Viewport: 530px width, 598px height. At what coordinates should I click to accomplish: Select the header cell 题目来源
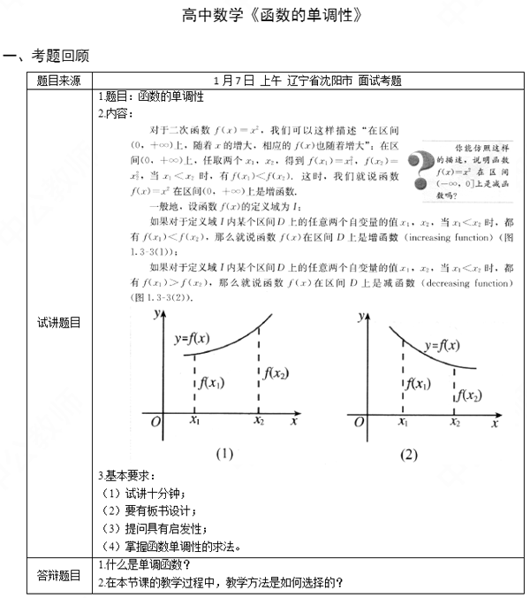point(58,80)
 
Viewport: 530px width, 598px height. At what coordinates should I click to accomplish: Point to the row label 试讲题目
point(58,323)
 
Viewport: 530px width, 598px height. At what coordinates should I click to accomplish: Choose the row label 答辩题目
point(58,575)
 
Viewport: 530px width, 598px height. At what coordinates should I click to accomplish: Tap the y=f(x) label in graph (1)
point(192,337)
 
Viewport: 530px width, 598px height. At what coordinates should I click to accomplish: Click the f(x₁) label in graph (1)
point(213,383)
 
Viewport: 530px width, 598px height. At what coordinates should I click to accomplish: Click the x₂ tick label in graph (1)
point(258,423)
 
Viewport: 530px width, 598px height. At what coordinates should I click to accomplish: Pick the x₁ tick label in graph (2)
point(403,423)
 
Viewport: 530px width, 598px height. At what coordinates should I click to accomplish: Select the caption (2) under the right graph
point(407,455)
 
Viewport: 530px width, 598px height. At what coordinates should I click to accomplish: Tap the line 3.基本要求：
point(127,477)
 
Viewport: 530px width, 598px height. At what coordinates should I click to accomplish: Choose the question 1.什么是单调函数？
point(145,565)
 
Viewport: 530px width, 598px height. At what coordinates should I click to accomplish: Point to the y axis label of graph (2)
point(361,315)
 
